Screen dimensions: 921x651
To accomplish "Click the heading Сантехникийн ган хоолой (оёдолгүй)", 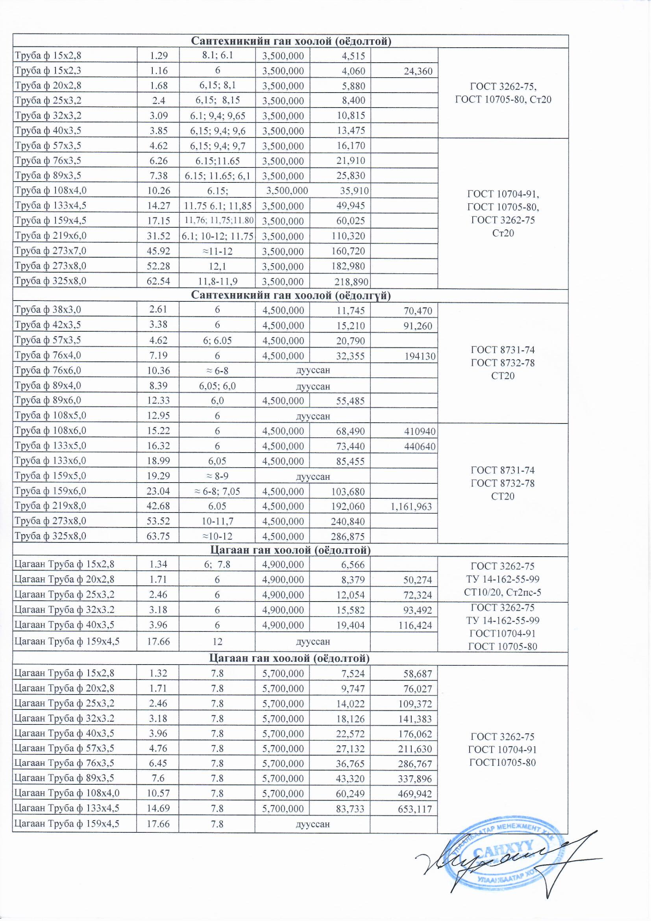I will coord(290,296).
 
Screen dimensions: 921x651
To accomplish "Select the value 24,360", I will coord(418,71).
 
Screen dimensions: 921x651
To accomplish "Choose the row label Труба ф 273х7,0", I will coord(50,251).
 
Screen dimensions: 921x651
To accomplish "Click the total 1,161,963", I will coord(412,507).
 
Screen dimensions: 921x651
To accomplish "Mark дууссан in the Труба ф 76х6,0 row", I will coord(313,370).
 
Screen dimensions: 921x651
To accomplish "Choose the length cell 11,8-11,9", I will coord(217,281).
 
